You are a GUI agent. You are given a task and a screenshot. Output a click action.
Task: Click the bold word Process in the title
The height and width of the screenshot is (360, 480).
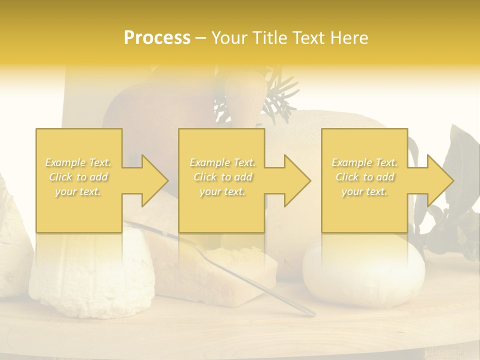[x=157, y=37]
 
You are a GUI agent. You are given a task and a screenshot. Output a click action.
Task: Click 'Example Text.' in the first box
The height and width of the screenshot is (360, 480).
[x=78, y=162]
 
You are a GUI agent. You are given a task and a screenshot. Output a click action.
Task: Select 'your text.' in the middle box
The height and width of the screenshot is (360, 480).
[x=222, y=191]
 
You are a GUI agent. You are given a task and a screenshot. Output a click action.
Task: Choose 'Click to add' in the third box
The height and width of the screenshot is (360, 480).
[x=364, y=177]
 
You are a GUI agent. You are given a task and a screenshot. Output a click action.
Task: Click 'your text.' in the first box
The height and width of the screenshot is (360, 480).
[x=78, y=191]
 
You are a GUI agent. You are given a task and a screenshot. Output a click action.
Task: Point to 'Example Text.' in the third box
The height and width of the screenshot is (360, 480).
[x=364, y=162]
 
